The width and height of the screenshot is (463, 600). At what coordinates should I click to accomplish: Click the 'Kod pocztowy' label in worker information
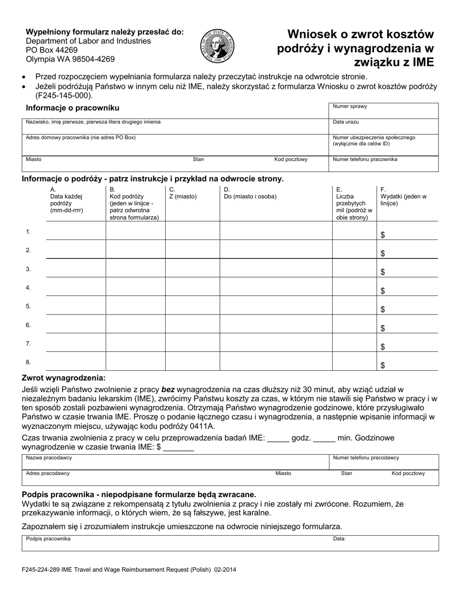pos(290,160)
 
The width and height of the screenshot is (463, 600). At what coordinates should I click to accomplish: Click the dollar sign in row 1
pos(383,235)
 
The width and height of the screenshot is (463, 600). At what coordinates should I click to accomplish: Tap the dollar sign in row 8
pos(383,365)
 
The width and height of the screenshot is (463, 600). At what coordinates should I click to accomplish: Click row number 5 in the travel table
pos(28,306)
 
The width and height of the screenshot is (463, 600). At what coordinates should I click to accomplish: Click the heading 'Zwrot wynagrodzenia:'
pos(63,378)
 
